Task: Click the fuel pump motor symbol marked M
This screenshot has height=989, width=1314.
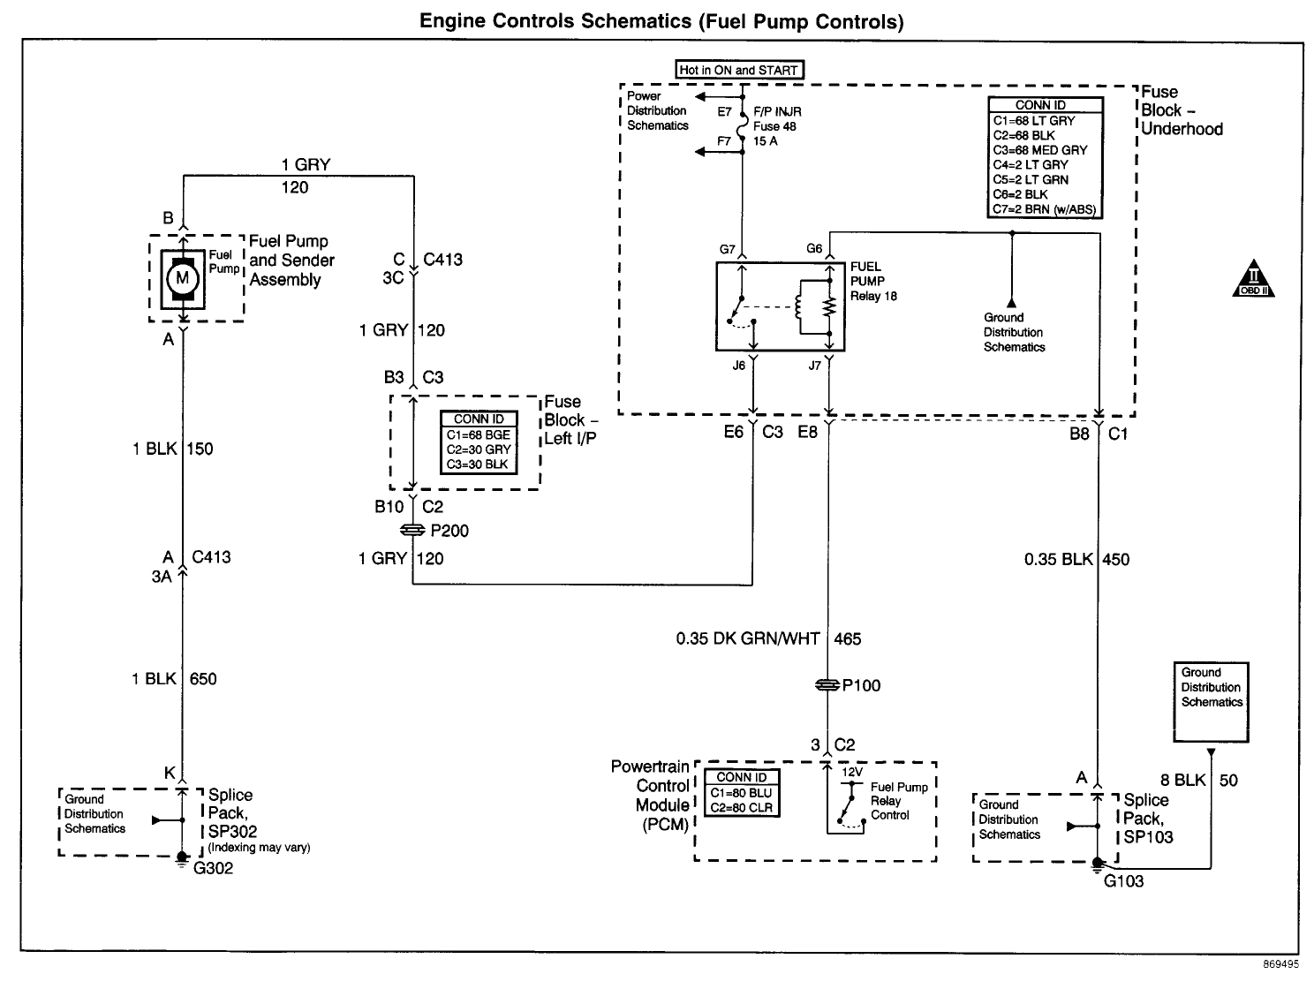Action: point(183,278)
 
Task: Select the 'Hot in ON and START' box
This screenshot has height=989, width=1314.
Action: point(739,70)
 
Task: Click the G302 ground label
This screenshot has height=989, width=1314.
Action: point(213,868)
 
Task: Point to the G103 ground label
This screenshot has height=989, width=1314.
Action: point(1123,880)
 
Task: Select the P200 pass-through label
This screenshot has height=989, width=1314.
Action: point(449,531)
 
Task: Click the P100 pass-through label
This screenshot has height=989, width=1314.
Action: point(861,685)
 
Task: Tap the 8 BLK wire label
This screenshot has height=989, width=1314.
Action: point(1182,780)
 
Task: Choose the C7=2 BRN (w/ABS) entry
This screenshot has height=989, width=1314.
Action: point(1045,209)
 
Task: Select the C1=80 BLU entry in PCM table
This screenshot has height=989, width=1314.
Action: point(741,793)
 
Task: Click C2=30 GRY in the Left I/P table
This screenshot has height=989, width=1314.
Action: point(478,449)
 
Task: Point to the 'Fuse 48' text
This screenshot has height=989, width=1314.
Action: point(774,126)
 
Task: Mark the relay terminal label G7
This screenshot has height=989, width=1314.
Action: point(727,249)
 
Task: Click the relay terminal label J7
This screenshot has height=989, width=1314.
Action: point(814,365)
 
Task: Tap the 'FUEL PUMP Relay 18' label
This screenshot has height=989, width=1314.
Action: point(872,281)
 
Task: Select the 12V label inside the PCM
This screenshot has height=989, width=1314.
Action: point(851,772)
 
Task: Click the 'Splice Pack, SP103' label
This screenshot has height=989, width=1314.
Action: point(1147,819)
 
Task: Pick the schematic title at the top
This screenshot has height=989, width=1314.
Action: point(661,21)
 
